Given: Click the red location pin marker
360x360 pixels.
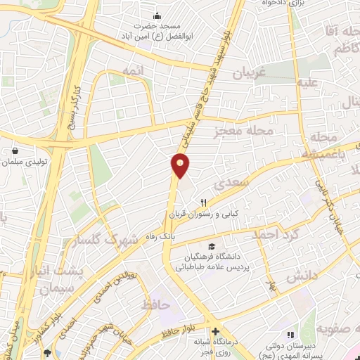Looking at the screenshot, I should click(181, 165).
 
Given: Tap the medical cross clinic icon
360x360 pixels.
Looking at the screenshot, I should click(215, 331).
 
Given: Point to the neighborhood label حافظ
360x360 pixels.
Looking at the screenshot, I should click(155, 305).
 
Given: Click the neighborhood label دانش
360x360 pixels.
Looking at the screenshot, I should click(303, 276).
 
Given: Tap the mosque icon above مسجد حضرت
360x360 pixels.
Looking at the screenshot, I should click(157, 15).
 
